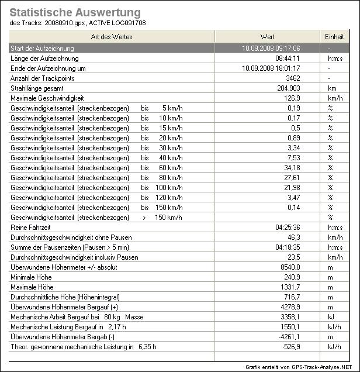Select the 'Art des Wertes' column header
112,37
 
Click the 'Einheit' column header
334,37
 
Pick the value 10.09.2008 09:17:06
271,49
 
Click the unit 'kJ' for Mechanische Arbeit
330,317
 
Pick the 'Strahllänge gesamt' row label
37,88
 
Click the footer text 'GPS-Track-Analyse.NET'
320,366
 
